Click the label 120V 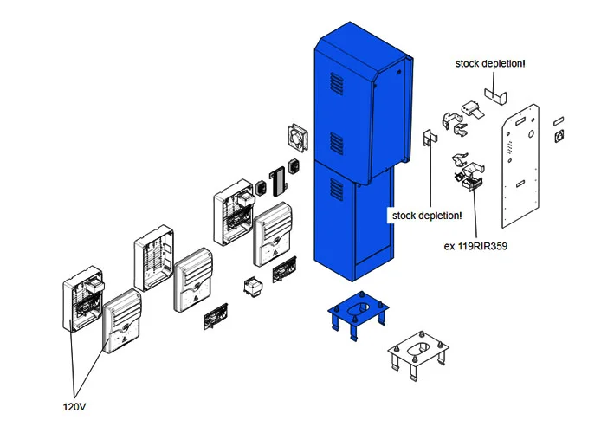(x=75, y=404)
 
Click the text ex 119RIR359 (x=475, y=246)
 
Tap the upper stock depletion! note (x=490, y=63)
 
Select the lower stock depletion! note (x=427, y=215)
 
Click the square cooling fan (x=297, y=137)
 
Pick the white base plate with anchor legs (x=419, y=355)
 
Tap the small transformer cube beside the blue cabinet (x=253, y=288)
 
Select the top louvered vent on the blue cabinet (x=336, y=87)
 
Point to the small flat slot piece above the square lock (x=558, y=113)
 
